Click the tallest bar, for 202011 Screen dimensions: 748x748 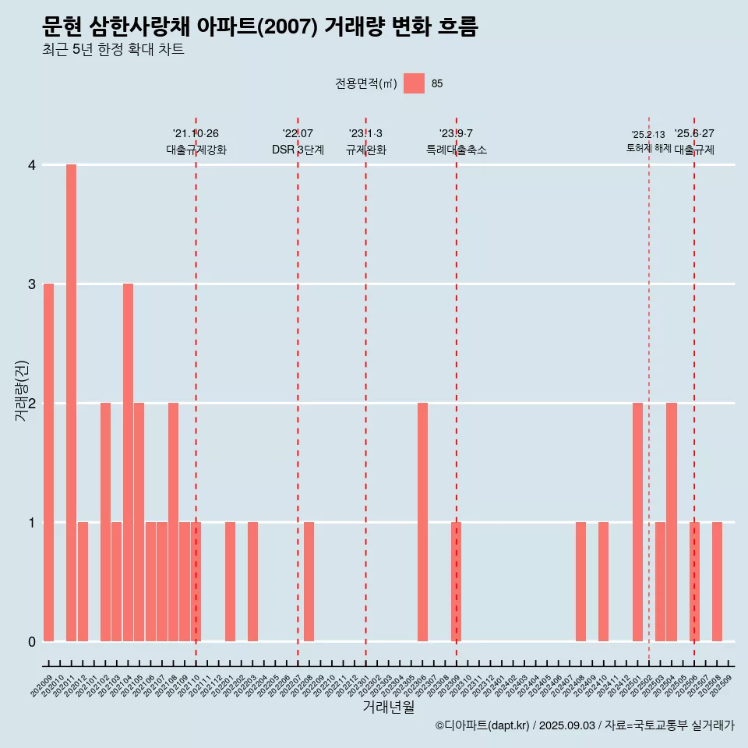(71, 403)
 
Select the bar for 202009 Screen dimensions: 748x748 (48, 462)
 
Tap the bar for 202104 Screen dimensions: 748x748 (128, 462)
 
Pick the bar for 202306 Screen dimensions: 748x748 (422, 522)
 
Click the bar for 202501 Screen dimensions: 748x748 (637, 522)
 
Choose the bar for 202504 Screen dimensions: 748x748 (672, 522)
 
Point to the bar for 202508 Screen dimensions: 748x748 (717, 581)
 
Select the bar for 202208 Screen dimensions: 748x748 (309, 581)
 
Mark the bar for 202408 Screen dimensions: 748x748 (580, 581)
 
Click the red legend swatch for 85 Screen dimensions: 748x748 (414, 83)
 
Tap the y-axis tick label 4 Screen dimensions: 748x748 (32, 165)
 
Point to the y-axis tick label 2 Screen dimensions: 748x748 (32, 404)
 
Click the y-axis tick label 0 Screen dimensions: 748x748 (32, 641)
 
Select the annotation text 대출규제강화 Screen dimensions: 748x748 (196, 150)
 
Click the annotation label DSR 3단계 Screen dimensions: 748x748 (298, 150)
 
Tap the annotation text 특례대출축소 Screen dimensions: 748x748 (457, 150)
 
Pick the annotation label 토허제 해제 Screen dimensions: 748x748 (648, 148)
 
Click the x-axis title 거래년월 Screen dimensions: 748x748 (388, 707)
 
